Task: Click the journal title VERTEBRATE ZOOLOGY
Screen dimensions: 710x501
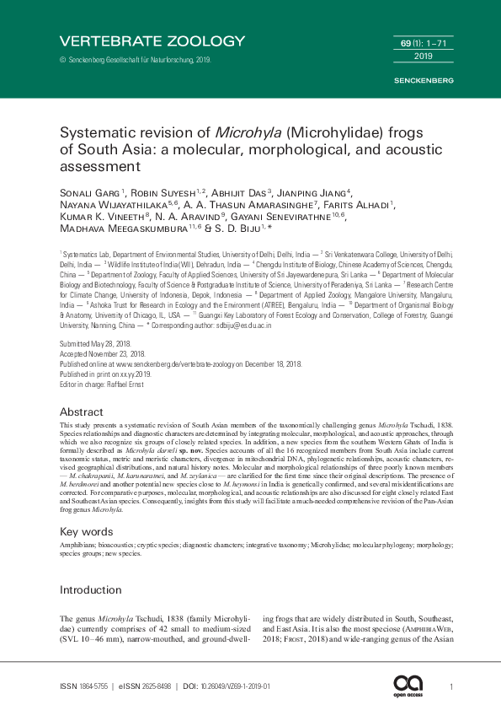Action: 152,40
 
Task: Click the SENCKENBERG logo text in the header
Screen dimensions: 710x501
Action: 424,80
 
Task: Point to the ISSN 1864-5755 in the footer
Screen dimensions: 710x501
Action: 94,687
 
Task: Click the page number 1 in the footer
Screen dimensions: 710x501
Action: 453,687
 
